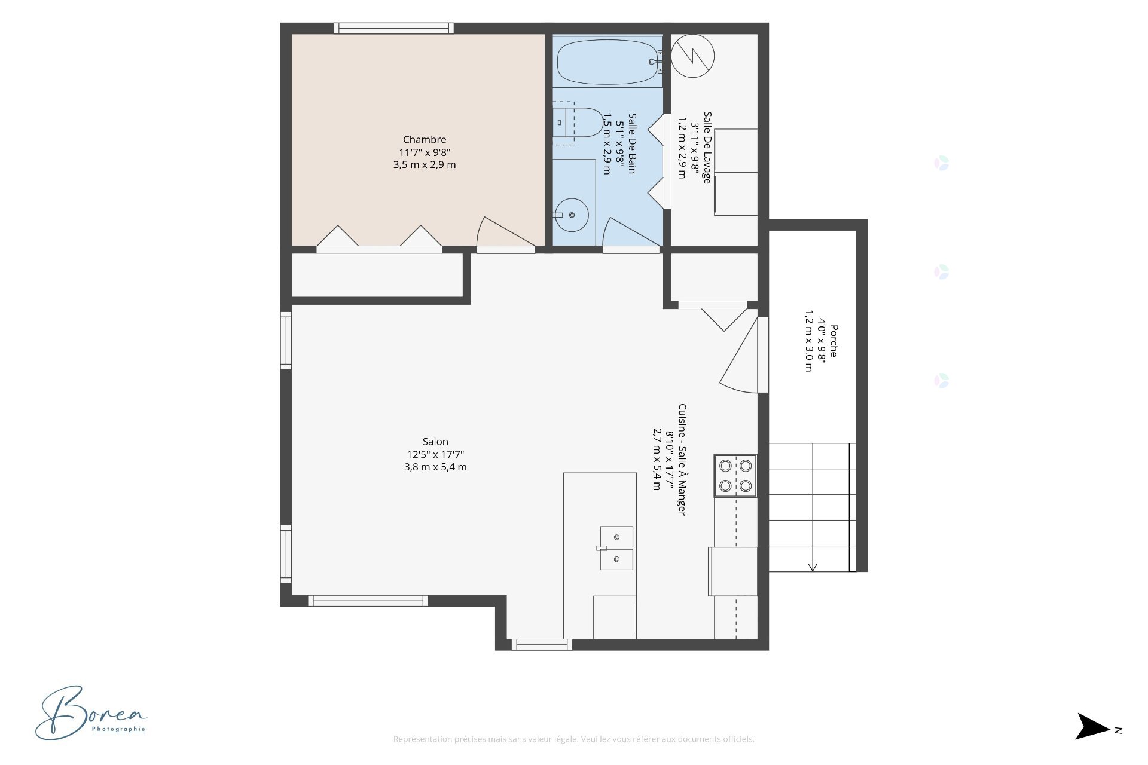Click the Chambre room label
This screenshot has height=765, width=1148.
(x=425, y=140)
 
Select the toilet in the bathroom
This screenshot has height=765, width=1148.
(x=578, y=123)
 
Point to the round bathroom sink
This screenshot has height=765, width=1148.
(x=572, y=215)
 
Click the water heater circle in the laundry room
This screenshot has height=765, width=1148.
(x=692, y=56)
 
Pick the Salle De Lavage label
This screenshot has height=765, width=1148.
(x=707, y=147)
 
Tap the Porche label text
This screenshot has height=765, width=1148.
(x=833, y=341)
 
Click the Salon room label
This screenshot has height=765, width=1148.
(x=435, y=442)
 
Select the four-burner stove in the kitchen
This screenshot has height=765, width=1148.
(x=735, y=476)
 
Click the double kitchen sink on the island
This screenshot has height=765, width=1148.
(x=616, y=548)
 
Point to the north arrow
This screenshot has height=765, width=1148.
(x=1093, y=726)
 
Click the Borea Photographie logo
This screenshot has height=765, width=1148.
(x=91, y=713)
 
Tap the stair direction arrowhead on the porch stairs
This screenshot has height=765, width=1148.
(x=813, y=567)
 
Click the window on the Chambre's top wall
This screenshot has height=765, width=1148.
(x=393, y=28)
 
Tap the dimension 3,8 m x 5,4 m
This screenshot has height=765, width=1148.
(x=435, y=467)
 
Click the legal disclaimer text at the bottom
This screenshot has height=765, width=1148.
(x=573, y=739)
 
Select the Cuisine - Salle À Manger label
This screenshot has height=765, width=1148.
(x=682, y=460)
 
